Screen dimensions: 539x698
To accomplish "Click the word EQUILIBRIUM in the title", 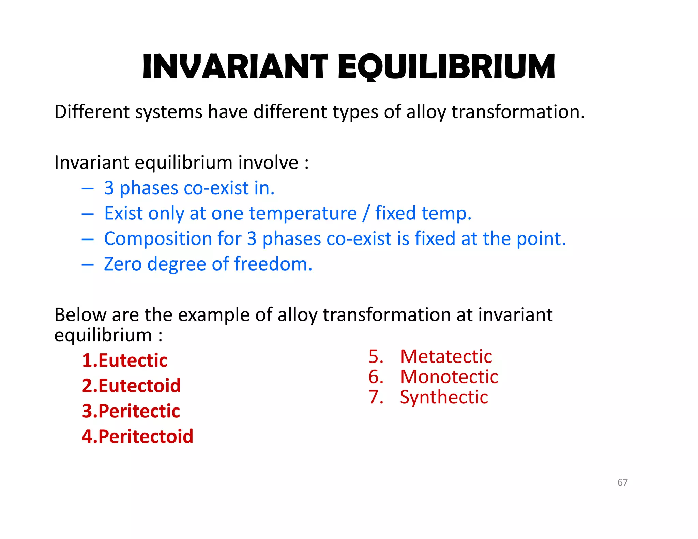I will click(x=446, y=67).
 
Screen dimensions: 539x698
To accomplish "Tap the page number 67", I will click(x=622, y=482).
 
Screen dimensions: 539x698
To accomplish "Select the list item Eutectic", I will click(x=133, y=360).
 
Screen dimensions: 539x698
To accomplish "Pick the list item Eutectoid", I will click(x=139, y=386).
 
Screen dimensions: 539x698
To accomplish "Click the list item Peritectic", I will click(x=139, y=411).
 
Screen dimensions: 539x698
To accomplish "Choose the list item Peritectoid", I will click(x=146, y=436).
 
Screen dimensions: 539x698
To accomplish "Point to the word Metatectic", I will click(x=446, y=357).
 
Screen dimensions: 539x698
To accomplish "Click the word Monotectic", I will click(x=449, y=377).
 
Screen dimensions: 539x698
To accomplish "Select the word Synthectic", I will click(x=444, y=397).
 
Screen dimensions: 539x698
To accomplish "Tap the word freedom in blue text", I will click(x=273, y=264).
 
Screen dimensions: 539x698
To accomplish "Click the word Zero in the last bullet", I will click(x=123, y=264).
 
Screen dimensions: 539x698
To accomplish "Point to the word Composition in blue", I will click(x=158, y=238).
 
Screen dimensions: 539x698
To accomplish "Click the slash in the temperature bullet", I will click(x=366, y=214).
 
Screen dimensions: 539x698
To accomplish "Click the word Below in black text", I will click(x=80, y=314).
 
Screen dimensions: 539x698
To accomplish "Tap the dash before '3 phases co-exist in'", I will click(x=88, y=188).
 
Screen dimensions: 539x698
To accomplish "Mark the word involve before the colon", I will click(x=268, y=163).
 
